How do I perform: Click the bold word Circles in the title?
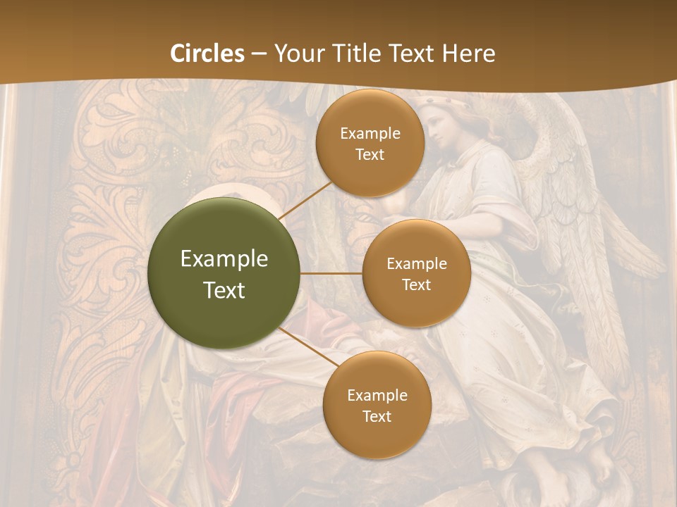[207, 54]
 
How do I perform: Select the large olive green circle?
[224, 273]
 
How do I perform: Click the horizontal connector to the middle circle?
[331, 273]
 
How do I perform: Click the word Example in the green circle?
[224, 259]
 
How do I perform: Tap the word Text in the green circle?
[224, 290]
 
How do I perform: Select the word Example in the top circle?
[370, 133]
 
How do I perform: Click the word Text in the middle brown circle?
[416, 284]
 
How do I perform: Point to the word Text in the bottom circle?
[377, 416]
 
